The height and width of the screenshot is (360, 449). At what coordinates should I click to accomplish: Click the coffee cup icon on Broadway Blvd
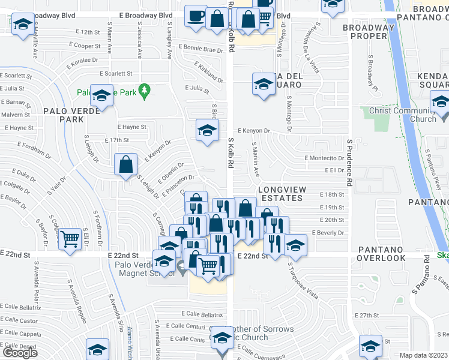[195, 16]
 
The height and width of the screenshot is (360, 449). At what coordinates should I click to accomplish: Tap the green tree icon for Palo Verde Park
[143, 91]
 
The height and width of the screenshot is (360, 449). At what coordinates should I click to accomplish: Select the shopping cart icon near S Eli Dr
[70, 239]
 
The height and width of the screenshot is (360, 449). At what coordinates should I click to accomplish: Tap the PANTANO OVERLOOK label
[382, 253]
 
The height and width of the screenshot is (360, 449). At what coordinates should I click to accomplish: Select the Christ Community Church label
[402, 115]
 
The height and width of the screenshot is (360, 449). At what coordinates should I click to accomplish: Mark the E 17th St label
[116, 140]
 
